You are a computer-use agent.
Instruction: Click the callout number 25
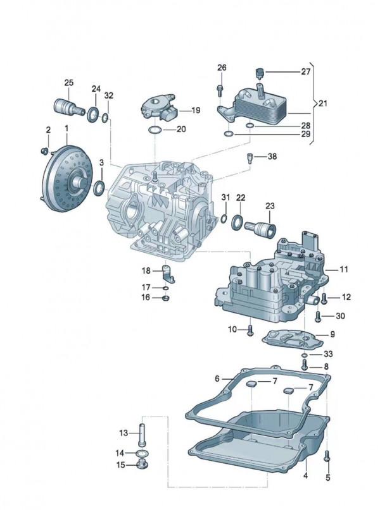[x=69, y=83]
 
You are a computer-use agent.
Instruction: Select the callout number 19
[x=194, y=110]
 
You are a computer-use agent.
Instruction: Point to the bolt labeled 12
[x=324, y=296]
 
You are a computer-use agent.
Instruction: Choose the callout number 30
[x=341, y=316]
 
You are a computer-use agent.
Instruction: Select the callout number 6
[x=217, y=379]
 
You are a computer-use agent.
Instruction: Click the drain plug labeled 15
[x=141, y=468]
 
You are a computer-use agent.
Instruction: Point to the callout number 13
[x=123, y=433]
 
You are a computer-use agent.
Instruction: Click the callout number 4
[x=305, y=475]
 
